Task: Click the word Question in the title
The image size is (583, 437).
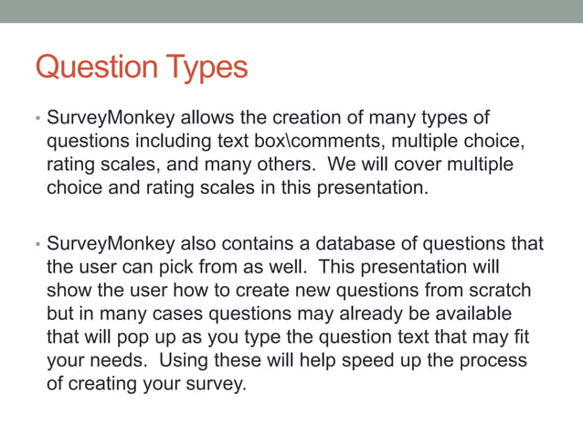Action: coord(95,67)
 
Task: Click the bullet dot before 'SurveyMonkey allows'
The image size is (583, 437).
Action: coord(37,121)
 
